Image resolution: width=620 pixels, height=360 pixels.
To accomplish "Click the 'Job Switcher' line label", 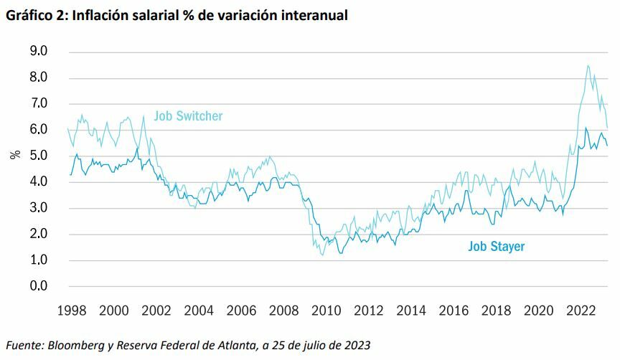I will [189, 115].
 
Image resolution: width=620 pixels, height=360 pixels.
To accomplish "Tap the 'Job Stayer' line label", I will [497, 247].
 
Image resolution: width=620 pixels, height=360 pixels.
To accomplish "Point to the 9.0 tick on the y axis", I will [37, 52].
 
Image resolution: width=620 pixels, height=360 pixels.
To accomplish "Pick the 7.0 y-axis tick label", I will [37, 104].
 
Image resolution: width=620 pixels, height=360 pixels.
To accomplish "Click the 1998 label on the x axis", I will [71, 311].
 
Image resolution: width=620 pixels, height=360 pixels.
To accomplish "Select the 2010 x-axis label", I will [327, 311].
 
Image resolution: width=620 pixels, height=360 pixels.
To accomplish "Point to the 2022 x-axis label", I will [581, 311].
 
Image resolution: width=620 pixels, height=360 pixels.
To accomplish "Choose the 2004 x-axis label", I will [199, 311].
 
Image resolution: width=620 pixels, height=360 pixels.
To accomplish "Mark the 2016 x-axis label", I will [454, 311].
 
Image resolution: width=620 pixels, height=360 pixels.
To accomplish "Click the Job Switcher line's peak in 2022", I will [588, 65].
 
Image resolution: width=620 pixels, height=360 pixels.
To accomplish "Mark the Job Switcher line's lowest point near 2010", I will [321, 255].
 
